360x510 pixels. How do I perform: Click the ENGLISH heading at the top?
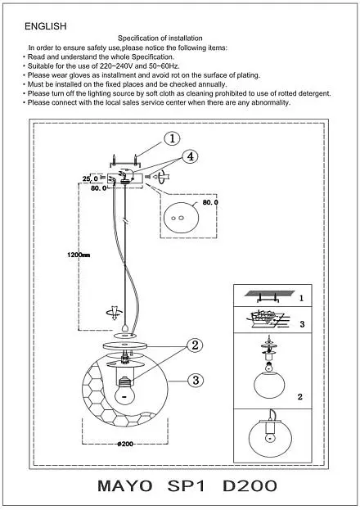46,26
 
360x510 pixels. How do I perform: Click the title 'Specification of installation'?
160,38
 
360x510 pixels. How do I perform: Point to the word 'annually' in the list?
213,84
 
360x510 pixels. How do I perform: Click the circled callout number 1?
172,138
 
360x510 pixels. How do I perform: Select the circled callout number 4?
191,156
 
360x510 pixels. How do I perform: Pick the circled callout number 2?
195,345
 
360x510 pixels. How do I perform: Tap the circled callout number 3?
196,380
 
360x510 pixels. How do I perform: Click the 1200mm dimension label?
79,255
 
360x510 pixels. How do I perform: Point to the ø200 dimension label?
125,444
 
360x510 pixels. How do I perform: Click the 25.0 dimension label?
90,178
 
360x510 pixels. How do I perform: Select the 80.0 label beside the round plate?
210,202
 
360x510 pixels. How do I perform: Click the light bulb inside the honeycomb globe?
125,391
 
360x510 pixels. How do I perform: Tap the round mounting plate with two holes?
181,218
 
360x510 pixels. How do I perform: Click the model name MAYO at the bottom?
125,486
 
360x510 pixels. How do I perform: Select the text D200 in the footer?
250,486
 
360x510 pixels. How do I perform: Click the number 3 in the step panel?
302,324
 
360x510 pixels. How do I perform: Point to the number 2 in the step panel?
299,396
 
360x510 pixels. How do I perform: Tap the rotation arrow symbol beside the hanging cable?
115,312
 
